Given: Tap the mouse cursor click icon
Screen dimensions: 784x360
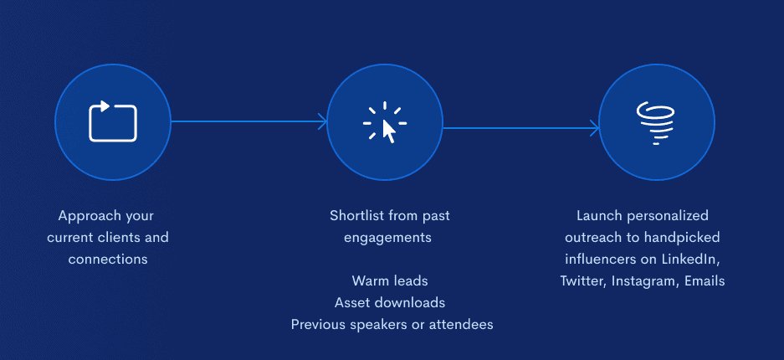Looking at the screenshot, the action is [385, 123].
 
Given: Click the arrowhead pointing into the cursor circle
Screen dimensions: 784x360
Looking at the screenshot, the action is [323, 121].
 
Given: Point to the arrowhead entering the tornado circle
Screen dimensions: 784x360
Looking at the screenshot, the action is [595, 128].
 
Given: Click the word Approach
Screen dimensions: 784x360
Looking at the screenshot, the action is [88, 217].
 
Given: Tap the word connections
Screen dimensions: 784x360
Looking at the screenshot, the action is [108, 259].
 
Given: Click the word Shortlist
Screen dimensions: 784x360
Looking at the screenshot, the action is [357, 215].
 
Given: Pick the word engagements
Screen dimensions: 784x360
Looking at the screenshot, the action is [387, 238].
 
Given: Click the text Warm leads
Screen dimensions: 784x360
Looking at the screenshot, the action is [390, 280].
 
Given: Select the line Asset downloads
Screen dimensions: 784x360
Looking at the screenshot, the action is [390, 302].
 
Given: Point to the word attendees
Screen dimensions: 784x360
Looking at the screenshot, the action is [465, 325].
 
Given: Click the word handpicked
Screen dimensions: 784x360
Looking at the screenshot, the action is [683, 238].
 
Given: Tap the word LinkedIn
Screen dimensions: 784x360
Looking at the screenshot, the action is [690, 260].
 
